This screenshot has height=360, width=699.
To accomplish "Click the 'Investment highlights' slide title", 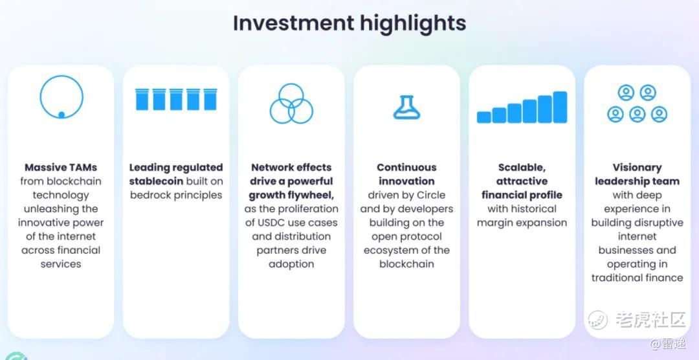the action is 349,23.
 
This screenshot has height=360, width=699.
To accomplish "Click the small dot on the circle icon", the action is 61,115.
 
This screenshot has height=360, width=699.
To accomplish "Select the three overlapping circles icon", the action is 291,104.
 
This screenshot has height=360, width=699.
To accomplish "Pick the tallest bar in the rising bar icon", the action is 560,107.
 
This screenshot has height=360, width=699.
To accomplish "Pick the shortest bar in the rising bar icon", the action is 484,117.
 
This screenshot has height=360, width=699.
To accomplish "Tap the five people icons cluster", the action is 637,104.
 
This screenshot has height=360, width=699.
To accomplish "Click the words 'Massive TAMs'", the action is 61,168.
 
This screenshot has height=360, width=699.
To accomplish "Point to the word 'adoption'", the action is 291,264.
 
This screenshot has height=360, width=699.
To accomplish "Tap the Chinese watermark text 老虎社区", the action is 650,319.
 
